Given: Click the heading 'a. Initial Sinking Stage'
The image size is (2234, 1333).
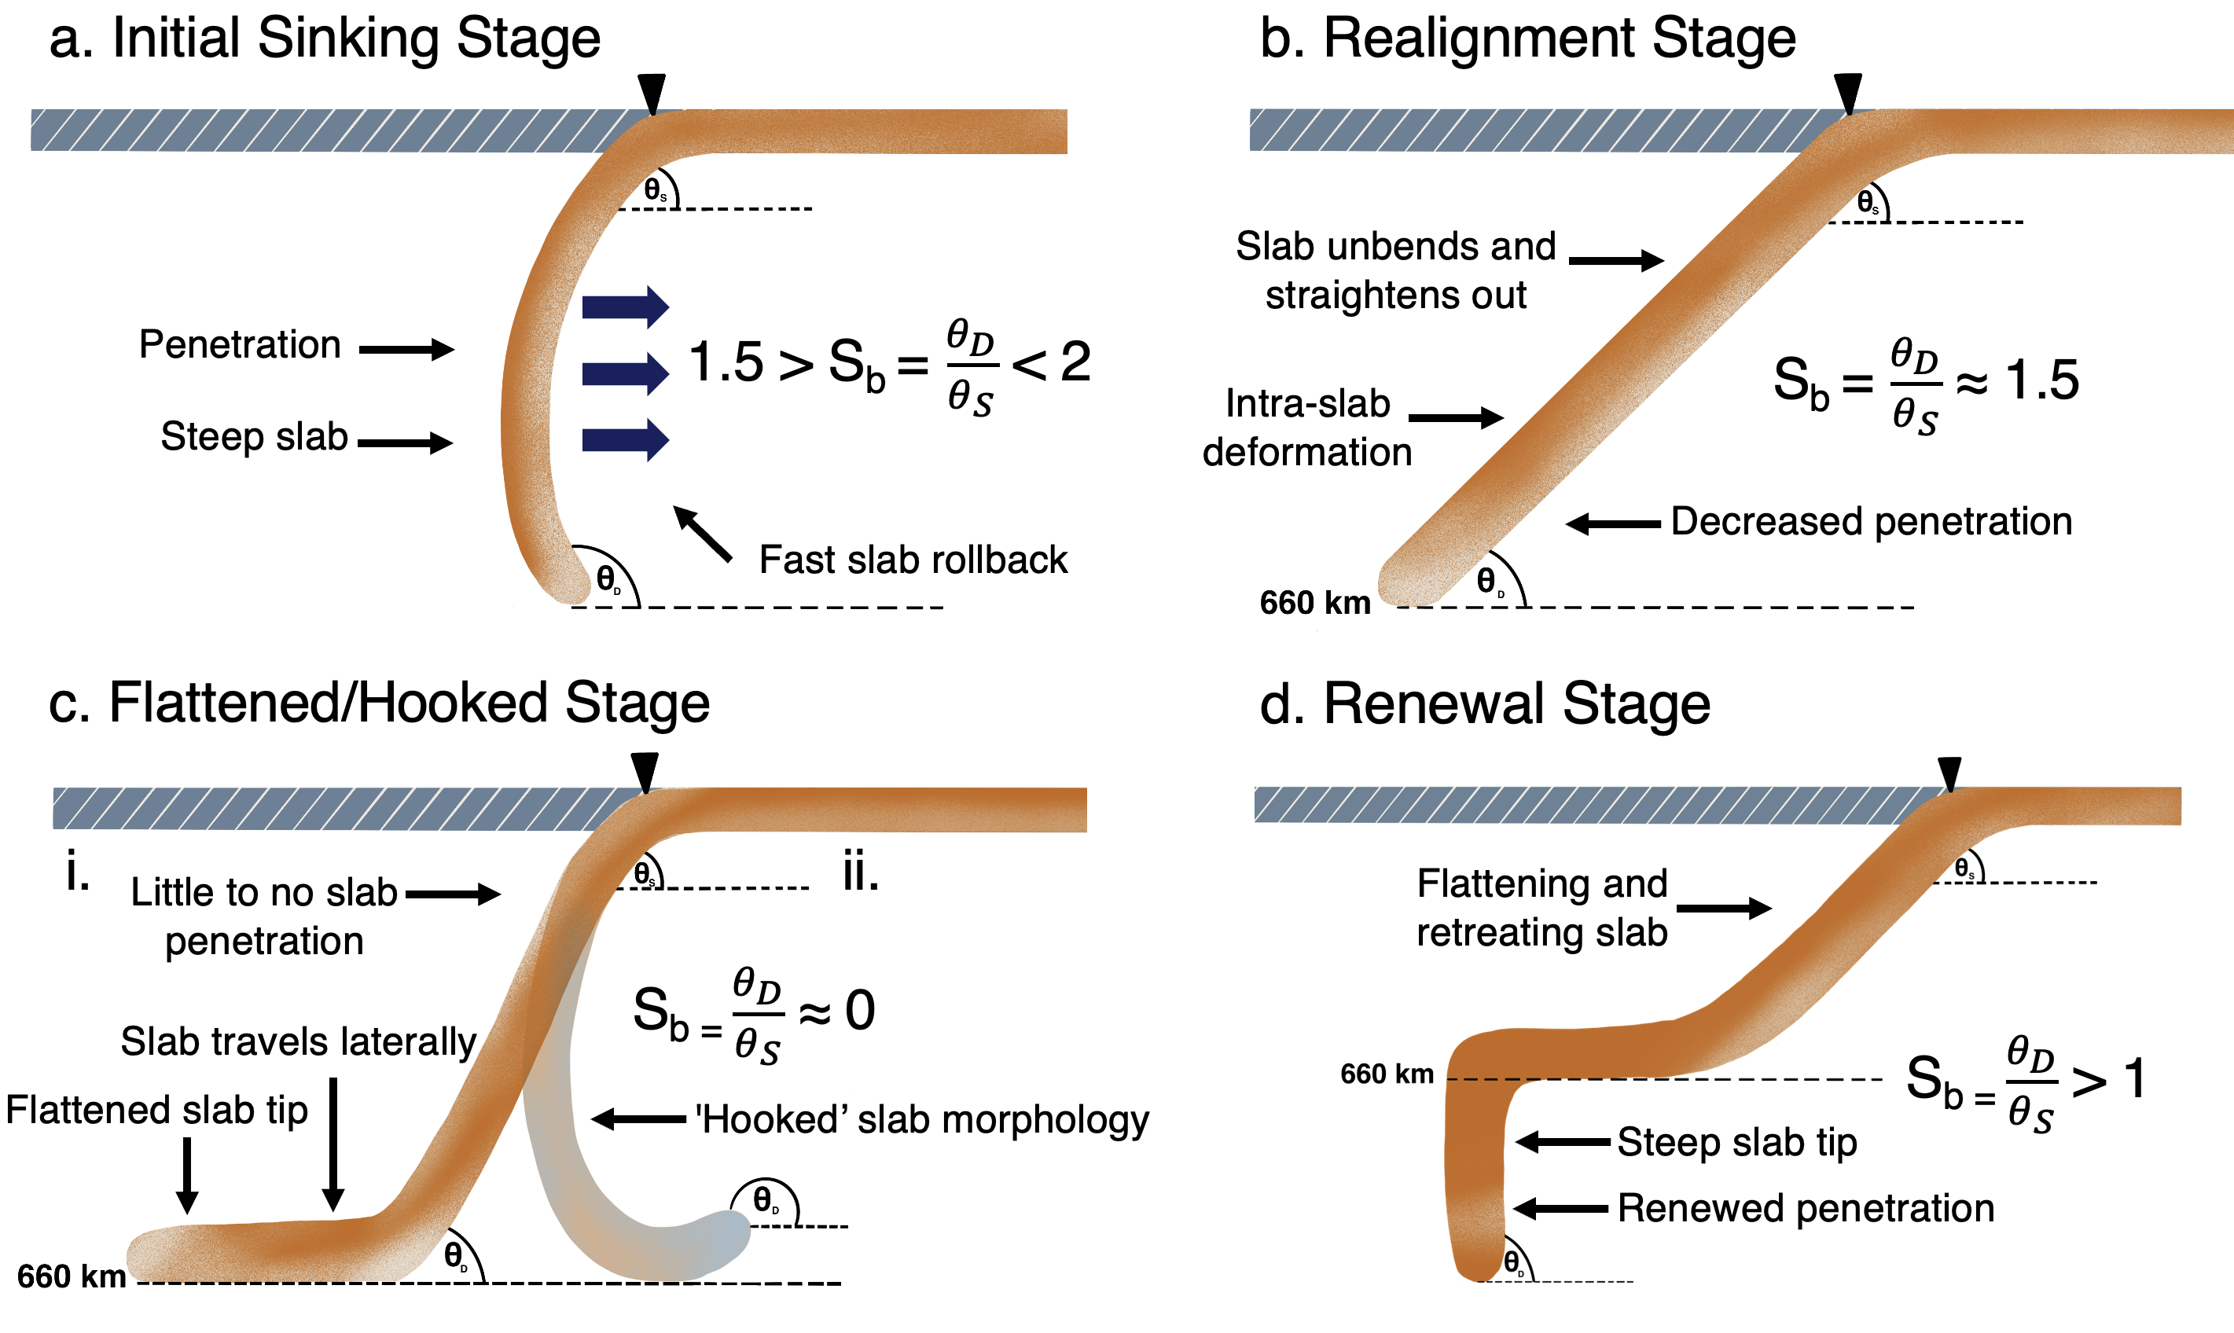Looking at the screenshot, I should (325, 39).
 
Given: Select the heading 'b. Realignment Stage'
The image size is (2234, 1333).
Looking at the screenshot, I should (1527, 39).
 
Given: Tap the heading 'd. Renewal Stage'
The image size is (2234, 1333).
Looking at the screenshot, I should (1484, 703).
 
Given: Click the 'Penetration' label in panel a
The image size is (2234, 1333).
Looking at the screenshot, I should (240, 345).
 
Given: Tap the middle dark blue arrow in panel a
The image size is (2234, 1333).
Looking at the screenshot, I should (625, 373).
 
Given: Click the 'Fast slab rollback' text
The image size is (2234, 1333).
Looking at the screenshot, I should (913, 560).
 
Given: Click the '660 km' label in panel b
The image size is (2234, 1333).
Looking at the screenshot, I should (1315, 603).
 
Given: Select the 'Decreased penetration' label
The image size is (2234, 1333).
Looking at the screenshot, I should (1871, 522).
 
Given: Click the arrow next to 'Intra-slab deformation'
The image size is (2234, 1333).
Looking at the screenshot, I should (1456, 417).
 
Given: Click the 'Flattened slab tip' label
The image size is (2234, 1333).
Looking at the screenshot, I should (157, 1111).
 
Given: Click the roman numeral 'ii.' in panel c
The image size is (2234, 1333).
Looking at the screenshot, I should (861, 873).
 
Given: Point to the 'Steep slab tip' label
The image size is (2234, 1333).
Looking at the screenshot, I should (1736, 1143).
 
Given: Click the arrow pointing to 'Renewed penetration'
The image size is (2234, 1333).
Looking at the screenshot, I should (1561, 1208).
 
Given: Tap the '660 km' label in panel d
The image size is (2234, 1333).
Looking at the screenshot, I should (1386, 1074).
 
